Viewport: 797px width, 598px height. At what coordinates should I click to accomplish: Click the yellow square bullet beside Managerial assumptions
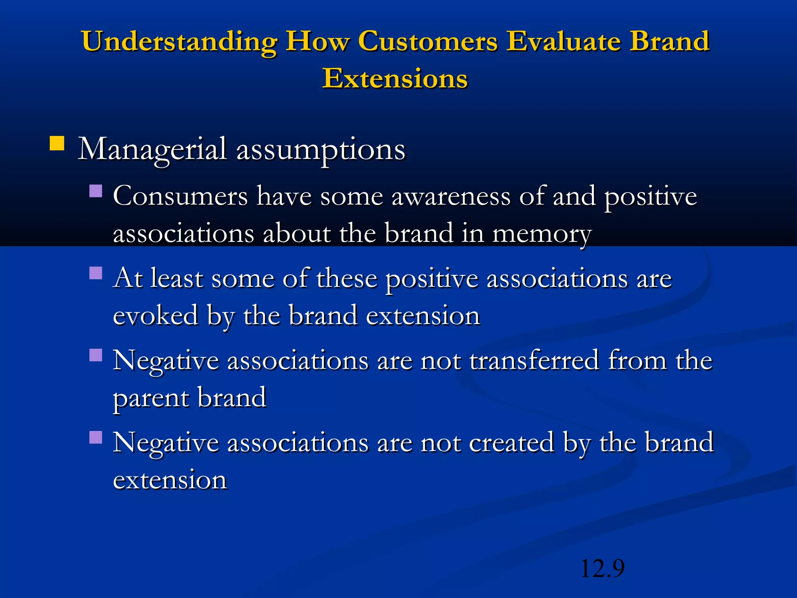pyautogui.click(x=57, y=143)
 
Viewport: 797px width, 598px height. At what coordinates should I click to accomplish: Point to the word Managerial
pyautogui.click(x=152, y=149)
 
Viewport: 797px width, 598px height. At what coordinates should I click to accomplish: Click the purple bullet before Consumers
pyautogui.click(x=95, y=191)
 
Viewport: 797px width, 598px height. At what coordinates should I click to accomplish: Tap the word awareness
pyautogui.click(x=451, y=197)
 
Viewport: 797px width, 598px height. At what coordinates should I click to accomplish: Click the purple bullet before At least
pyautogui.click(x=95, y=273)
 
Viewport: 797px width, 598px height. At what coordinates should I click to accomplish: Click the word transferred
pyautogui.click(x=534, y=361)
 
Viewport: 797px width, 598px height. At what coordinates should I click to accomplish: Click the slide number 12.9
pyautogui.click(x=602, y=568)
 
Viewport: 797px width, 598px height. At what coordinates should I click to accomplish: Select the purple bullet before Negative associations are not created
pyautogui.click(x=95, y=437)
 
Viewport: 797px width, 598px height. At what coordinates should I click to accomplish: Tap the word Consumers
pyautogui.click(x=180, y=197)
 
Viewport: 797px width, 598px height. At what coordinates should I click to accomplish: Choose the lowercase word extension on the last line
pyautogui.click(x=170, y=480)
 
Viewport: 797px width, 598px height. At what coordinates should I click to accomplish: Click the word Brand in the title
pyautogui.click(x=670, y=41)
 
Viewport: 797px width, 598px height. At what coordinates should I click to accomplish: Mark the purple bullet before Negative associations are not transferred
pyautogui.click(x=95, y=355)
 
